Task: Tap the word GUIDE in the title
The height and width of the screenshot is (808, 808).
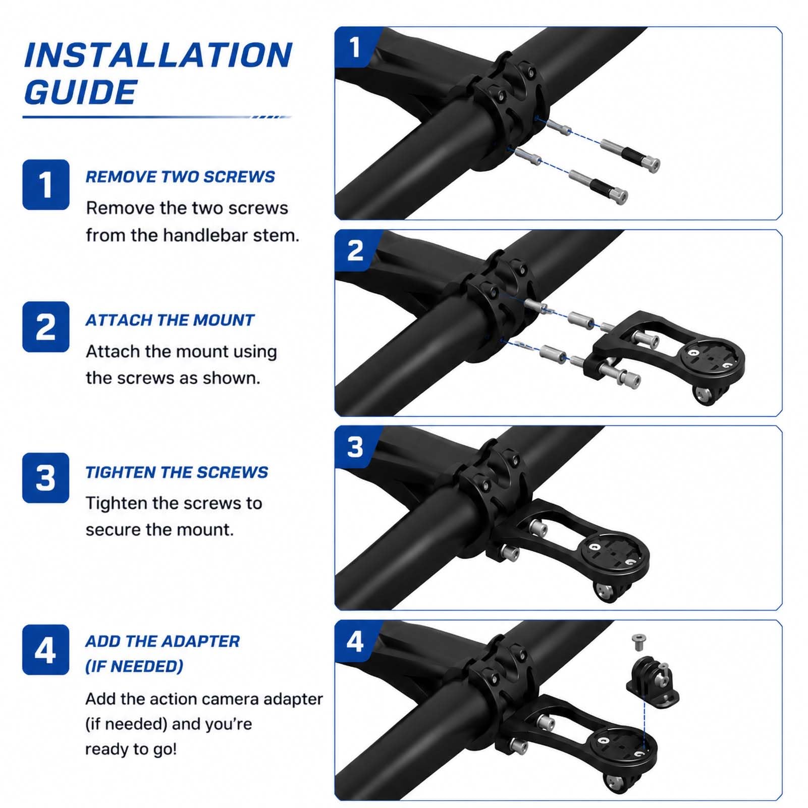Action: coord(80,92)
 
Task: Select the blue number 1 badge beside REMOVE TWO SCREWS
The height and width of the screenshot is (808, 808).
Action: coord(45,184)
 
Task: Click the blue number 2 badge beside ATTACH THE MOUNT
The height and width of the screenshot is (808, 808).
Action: coord(45,327)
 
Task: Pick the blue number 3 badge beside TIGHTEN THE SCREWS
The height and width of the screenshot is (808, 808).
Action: coord(45,477)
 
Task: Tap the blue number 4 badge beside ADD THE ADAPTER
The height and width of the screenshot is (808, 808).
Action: coord(45,650)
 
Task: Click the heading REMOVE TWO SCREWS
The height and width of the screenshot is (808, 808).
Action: coord(180,177)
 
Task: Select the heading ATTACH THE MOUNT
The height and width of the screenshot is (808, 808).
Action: coord(170,320)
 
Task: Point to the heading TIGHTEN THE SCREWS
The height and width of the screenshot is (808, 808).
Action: coord(177,472)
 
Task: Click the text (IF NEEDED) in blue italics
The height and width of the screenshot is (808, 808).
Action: coord(134,666)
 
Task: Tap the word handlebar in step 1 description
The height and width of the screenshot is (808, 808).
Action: coord(205,235)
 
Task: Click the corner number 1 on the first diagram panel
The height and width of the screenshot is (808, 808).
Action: coord(355,47)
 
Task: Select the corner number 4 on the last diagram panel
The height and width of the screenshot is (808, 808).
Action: coord(355,641)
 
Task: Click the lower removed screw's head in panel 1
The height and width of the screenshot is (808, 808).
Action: coord(620,195)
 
